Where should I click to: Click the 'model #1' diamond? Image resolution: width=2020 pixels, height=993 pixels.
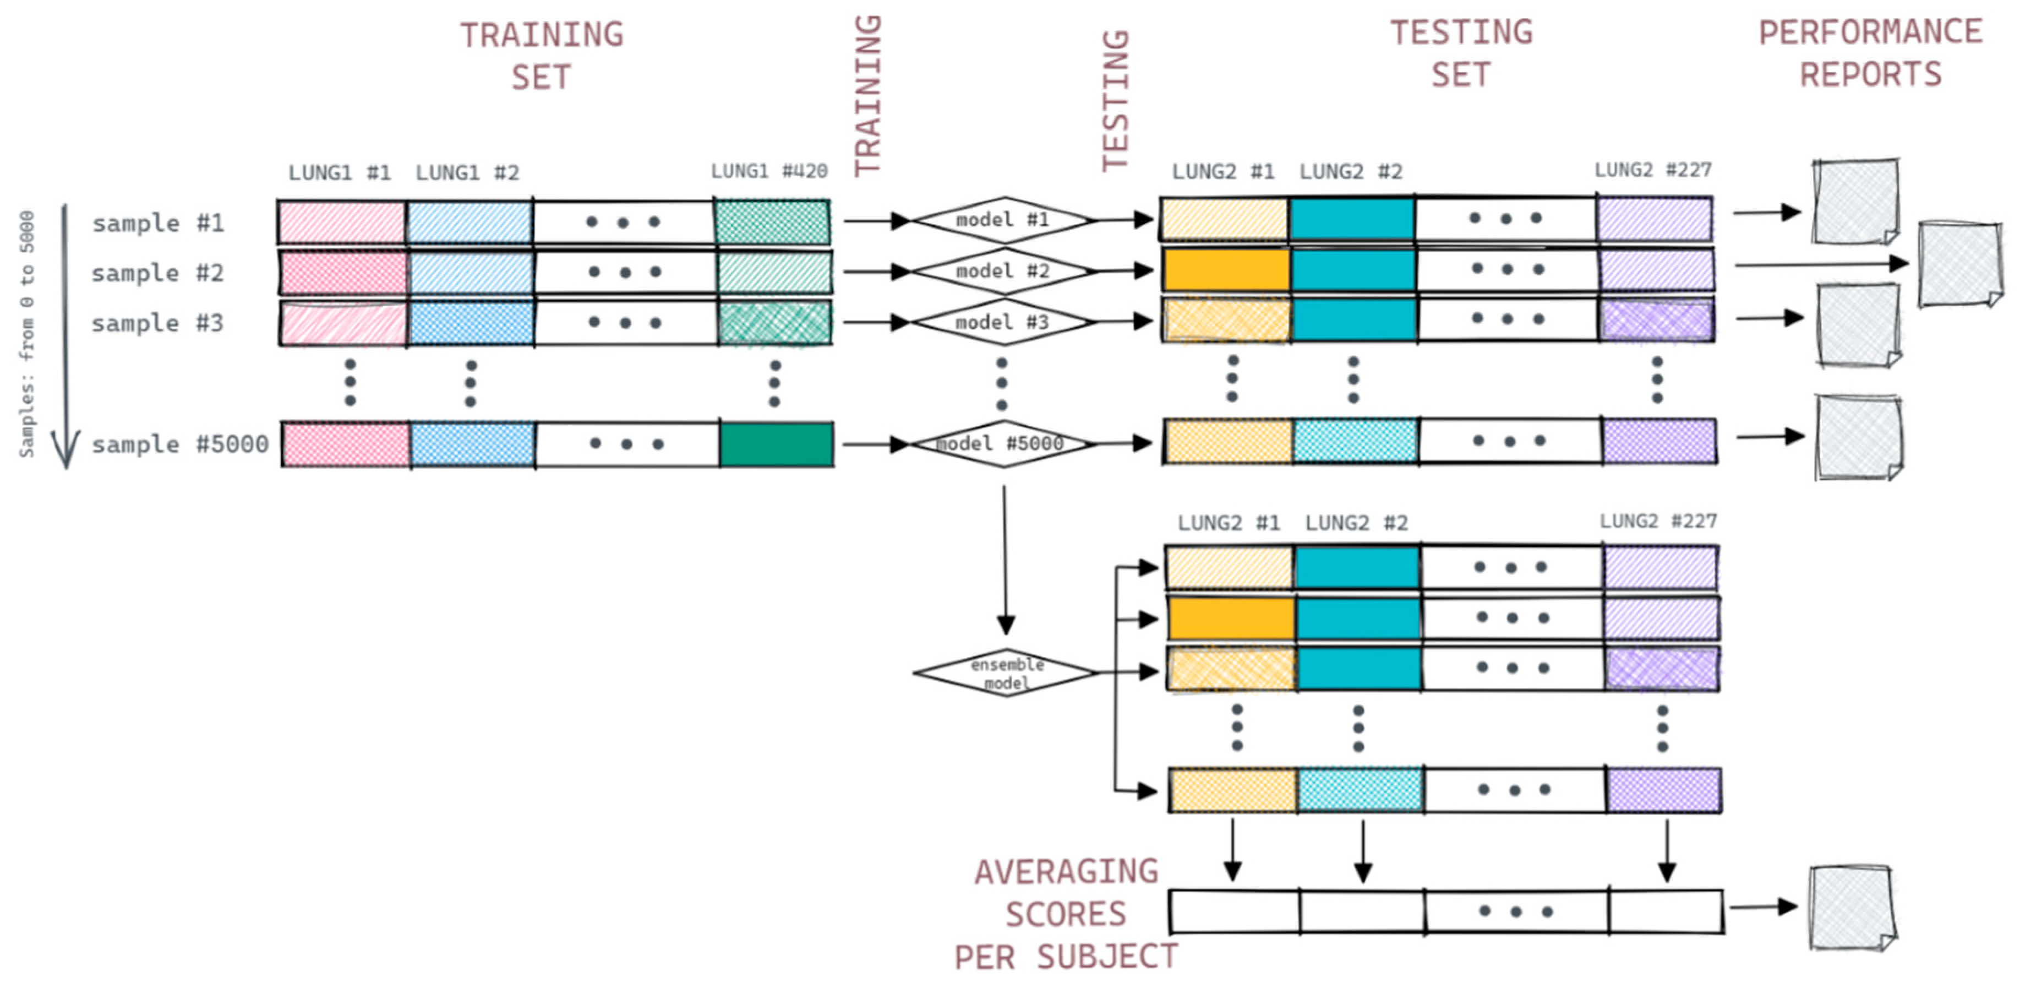point(1004,220)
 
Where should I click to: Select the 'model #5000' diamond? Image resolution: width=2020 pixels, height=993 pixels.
point(1004,444)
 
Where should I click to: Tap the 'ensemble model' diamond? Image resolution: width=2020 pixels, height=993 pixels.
point(1006,673)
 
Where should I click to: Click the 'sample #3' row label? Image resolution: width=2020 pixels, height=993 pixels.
point(157,323)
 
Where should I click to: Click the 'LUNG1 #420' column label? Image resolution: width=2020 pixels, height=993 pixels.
point(768,171)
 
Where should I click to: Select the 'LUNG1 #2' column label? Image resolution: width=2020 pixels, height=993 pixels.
point(467,172)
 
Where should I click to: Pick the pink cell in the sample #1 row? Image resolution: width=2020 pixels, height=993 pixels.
point(342,222)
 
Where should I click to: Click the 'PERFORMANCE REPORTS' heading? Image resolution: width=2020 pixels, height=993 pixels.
point(1870,53)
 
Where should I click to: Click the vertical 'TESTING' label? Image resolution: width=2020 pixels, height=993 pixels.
point(1116,100)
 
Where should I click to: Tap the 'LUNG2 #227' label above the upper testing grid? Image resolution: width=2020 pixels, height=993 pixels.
point(1653,170)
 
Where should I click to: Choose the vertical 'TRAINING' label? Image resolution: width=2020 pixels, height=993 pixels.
point(868,96)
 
